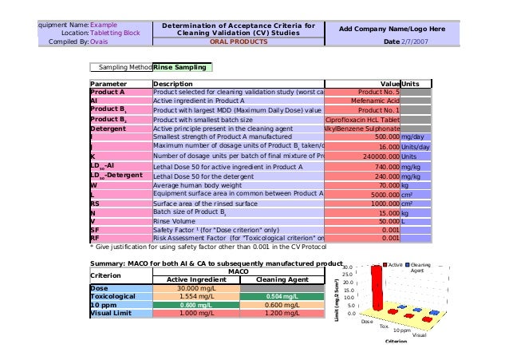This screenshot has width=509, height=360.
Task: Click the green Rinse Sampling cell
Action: pos(183,68)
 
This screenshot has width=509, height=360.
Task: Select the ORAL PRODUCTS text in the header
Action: pos(239,42)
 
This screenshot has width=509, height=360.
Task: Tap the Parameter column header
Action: pos(109,84)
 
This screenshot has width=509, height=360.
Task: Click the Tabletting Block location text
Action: pos(115,34)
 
